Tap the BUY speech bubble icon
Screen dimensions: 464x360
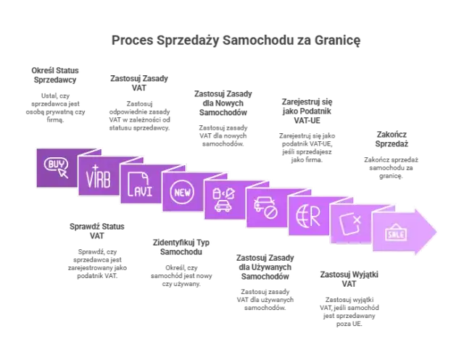point(57,167)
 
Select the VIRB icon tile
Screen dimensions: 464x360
point(99,177)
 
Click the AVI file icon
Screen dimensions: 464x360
point(140,185)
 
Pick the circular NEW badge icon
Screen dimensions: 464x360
point(182,192)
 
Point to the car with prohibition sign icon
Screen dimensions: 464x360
point(265,208)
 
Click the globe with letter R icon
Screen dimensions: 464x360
point(308,216)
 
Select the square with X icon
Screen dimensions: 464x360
point(350,224)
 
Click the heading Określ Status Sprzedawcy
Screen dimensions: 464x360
point(55,75)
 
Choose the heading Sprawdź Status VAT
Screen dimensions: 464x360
point(96,231)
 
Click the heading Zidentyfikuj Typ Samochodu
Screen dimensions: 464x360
point(181,247)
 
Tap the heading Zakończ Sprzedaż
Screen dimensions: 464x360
point(391,139)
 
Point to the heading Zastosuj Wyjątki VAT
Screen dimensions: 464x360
point(349,279)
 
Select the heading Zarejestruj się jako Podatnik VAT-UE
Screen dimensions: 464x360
point(307,111)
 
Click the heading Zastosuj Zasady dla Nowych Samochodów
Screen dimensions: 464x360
point(223,103)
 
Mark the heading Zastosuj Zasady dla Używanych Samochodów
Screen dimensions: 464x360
point(265,267)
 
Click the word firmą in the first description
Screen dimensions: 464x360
point(55,120)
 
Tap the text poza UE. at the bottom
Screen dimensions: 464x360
point(349,324)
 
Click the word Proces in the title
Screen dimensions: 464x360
point(132,40)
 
